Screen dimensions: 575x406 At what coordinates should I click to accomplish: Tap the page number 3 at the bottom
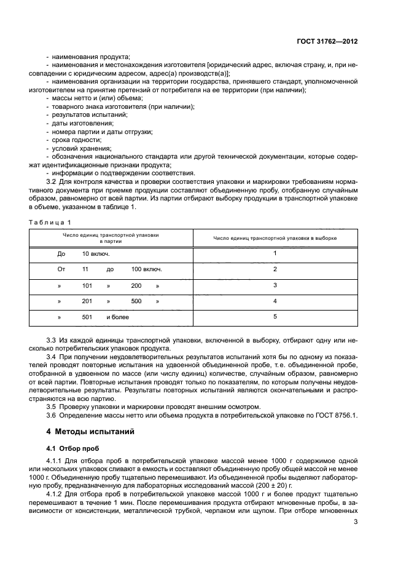tap(356, 522)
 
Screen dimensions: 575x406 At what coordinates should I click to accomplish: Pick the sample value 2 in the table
tap(275, 269)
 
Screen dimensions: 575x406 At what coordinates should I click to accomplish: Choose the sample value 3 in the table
tap(275, 285)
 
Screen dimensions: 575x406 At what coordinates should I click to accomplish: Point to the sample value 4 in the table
tap(275, 301)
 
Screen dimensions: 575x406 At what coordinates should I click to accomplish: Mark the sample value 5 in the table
tap(275, 317)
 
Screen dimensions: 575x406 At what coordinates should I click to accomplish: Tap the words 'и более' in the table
tap(117, 317)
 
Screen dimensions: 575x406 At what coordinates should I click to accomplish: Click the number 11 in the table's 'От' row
tap(85, 269)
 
